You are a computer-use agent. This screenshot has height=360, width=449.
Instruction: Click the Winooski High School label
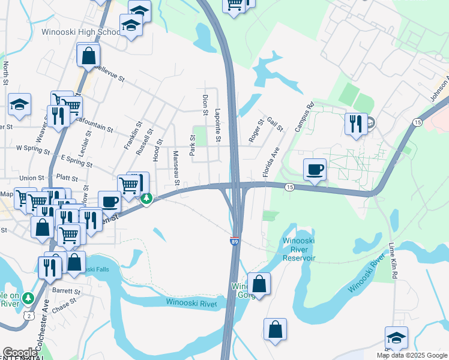point(81,31)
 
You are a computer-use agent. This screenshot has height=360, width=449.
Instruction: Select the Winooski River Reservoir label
point(298,250)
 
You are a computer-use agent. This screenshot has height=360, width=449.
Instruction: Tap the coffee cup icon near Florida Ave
point(314,170)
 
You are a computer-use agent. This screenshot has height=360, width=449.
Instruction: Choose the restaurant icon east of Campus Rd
point(356,124)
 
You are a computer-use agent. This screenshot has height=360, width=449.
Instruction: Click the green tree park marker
point(146,199)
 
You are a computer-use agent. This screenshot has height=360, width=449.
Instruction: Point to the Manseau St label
point(176,164)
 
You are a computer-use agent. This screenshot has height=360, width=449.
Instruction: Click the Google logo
point(20,353)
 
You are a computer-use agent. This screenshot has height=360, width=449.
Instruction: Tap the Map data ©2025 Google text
point(412,355)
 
